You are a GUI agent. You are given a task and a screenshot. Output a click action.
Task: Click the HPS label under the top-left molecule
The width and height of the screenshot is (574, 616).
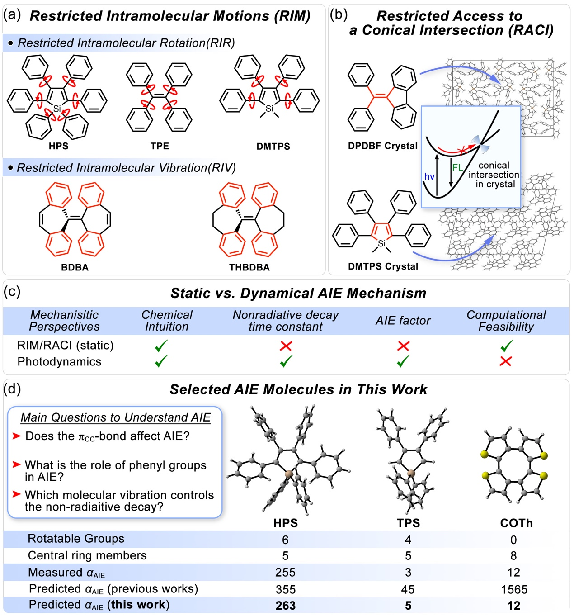[x=58, y=146]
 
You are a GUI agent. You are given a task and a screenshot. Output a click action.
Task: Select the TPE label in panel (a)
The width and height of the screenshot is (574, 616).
[x=160, y=146]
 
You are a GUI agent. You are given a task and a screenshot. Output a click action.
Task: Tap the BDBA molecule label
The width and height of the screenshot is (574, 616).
[x=75, y=267]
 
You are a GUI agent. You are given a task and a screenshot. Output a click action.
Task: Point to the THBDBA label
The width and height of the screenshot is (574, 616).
[x=249, y=267]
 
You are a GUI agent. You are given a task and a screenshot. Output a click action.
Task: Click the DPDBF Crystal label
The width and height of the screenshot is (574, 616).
[x=382, y=146]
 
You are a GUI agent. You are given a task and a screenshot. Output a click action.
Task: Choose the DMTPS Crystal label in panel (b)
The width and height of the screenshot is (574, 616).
[x=383, y=266]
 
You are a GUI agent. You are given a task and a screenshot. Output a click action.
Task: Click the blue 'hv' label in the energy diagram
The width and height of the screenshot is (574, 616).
[x=429, y=176]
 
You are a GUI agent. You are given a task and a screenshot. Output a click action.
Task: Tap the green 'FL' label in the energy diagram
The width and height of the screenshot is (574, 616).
[x=457, y=167]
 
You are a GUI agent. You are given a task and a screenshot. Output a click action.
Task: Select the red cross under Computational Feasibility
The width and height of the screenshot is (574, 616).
[x=505, y=361]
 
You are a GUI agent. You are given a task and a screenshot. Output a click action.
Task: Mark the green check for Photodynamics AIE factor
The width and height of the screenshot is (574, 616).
[x=403, y=361]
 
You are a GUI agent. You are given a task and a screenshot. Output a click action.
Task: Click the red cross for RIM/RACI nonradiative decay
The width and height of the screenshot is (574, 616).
[x=286, y=346]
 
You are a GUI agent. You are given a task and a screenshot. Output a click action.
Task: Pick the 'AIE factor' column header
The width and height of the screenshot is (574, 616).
[x=403, y=321]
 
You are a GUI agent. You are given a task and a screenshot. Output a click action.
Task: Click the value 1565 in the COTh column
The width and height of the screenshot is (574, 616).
[x=514, y=589]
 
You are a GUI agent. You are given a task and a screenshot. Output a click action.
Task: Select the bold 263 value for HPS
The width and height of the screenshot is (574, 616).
[x=285, y=606]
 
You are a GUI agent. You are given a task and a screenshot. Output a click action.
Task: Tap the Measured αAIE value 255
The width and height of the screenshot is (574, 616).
[x=285, y=573]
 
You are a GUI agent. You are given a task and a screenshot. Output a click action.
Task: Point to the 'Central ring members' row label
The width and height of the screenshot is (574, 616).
[x=87, y=555]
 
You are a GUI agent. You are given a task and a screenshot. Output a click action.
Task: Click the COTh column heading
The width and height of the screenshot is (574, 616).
[x=516, y=523]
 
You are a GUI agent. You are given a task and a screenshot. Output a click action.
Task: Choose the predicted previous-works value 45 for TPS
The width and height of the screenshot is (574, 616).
[x=408, y=589]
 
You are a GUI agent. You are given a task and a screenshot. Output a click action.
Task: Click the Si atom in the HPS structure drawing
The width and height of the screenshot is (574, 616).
[x=57, y=109]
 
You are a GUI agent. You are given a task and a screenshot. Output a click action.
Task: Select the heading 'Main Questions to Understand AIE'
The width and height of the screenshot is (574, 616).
[x=116, y=417]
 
